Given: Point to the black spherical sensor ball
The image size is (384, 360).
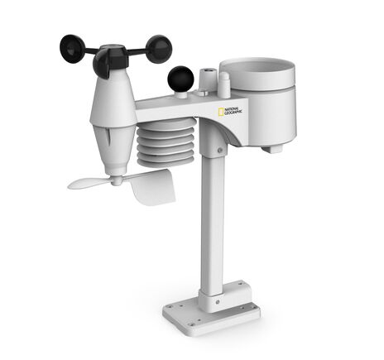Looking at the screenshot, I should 180,79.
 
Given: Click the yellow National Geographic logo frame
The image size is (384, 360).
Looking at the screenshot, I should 221,112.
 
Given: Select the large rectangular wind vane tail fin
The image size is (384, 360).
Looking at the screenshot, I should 153,186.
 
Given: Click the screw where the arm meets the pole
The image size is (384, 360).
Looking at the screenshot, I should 218,151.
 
